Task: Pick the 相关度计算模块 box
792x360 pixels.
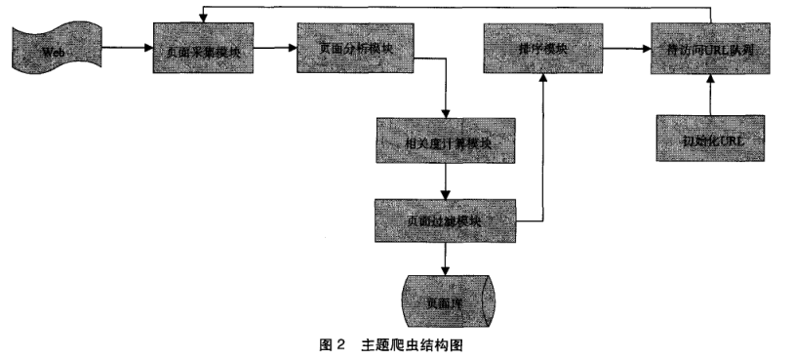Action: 447,142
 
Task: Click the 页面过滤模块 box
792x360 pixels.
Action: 447,221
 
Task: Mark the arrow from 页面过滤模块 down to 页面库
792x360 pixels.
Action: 447,259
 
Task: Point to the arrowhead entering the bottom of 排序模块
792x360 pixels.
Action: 540,79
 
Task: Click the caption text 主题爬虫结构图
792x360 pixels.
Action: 418,344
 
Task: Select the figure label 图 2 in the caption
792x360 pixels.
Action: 333,344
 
